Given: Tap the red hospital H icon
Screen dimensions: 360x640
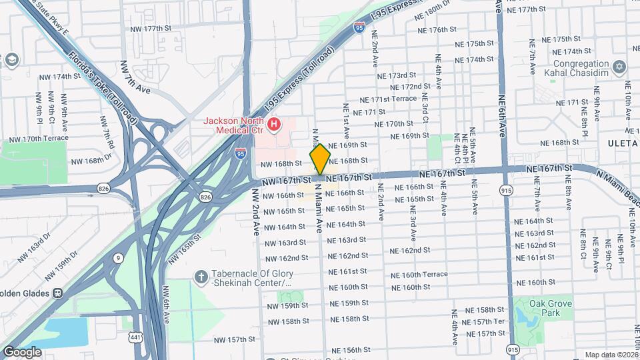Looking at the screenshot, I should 273,124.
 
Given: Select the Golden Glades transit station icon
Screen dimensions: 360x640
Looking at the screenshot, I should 58,292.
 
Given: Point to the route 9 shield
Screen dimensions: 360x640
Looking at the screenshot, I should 118,257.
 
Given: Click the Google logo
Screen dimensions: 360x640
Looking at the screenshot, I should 23,351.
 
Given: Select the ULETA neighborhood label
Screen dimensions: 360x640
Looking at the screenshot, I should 621,143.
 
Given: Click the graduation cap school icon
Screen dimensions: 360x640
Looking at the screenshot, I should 11,61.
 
